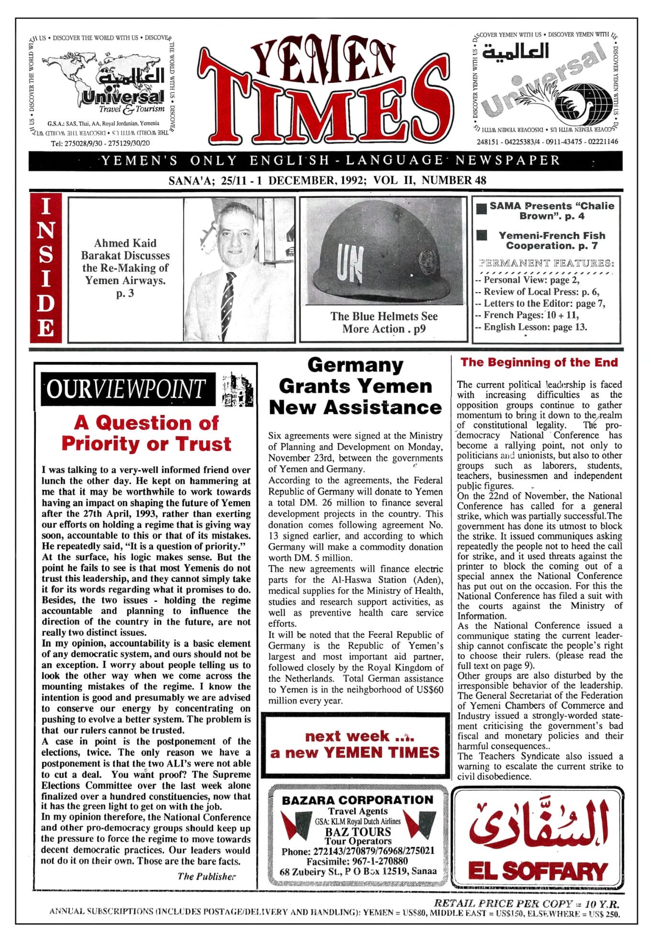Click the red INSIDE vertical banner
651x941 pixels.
(46, 268)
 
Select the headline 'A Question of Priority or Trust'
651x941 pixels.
(146, 433)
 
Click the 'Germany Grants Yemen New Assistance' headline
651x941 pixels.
(355, 386)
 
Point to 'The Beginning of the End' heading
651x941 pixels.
(539, 363)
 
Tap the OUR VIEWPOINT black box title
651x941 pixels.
(127, 389)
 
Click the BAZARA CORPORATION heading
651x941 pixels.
(357, 800)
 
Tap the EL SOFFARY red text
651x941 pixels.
(538, 871)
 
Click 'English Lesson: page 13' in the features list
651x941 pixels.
(535, 328)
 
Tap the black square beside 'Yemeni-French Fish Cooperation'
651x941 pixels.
(482, 235)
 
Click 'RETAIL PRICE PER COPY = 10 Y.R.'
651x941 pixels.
(526, 904)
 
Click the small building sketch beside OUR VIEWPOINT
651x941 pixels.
(238, 388)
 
